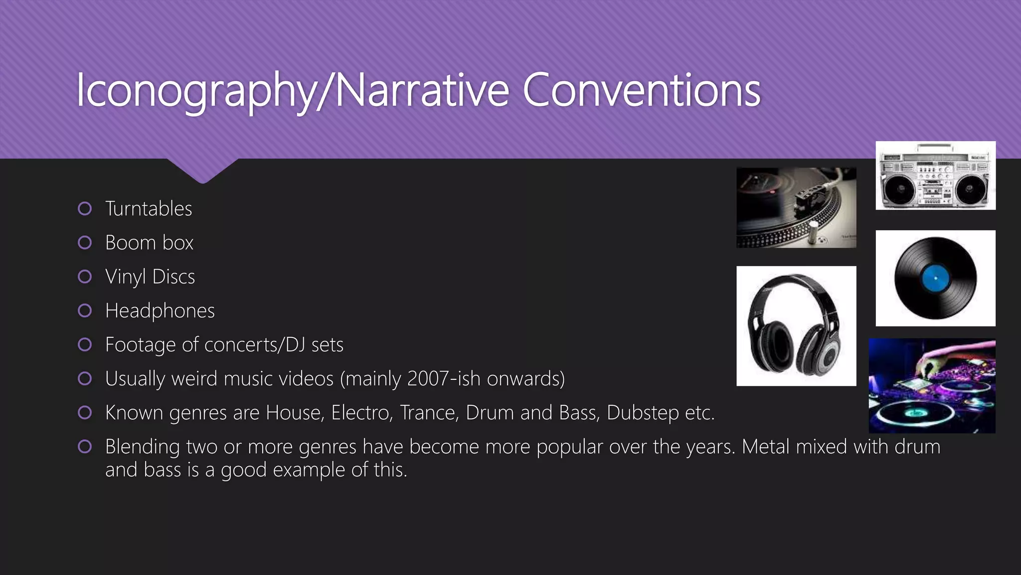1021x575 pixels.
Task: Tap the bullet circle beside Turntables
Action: [85, 209]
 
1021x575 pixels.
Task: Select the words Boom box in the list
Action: [149, 243]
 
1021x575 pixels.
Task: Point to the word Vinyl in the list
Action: [125, 277]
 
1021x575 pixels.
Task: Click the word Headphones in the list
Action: [160, 311]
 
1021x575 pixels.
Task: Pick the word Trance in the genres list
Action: [429, 413]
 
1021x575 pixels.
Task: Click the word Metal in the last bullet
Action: [766, 447]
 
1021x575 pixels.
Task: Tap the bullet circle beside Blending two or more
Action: [85, 447]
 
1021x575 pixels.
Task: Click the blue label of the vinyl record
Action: [935, 278]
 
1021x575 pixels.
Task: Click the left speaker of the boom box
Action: [900, 189]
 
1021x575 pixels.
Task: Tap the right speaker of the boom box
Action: [970, 189]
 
